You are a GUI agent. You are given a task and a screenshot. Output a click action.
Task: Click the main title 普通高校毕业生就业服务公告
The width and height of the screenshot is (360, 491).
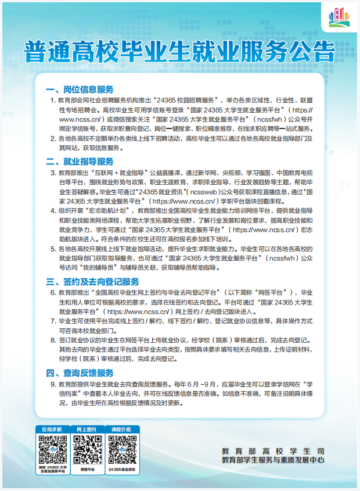tap(179, 51)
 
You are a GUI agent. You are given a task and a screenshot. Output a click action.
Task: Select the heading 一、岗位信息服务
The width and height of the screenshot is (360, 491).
tap(80, 89)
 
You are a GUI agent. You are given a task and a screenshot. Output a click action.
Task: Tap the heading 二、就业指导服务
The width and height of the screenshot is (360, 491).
tap(80, 161)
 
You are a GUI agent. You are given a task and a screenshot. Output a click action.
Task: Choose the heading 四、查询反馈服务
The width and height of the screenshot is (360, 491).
tap(80, 372)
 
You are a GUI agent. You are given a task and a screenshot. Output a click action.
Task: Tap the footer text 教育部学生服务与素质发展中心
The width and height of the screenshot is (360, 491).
tap(273, 460)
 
